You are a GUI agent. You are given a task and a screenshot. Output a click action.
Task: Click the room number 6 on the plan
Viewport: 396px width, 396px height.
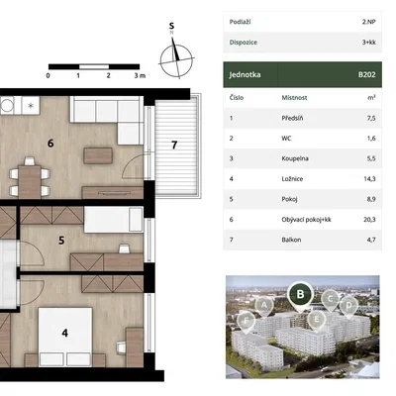(50, 144)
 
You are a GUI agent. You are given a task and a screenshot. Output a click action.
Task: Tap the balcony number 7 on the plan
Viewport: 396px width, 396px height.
(174, 145)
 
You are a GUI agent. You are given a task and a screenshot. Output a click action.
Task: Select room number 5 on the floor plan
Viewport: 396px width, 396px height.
(61, 241)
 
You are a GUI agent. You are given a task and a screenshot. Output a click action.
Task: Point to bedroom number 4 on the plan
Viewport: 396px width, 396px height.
(65, 333)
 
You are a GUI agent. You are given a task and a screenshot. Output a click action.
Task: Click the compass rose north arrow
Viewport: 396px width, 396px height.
(176, 49)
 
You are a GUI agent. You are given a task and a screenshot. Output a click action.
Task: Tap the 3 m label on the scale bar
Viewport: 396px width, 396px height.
(140, 75)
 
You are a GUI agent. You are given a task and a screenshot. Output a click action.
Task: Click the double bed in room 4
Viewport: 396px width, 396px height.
(65, 337)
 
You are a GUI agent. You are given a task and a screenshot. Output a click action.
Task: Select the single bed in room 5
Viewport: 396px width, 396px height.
(114, 220)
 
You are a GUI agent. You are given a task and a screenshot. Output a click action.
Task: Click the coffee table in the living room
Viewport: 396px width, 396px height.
(98, 155)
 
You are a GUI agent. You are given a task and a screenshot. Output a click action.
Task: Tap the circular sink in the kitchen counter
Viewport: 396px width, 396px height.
(7, 106)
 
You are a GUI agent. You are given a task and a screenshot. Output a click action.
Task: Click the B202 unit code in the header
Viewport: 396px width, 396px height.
(367, 74)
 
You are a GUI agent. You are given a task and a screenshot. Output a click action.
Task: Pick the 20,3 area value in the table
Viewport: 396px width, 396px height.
(369, 220)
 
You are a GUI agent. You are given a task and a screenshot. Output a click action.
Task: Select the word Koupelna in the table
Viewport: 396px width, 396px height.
(295, 158)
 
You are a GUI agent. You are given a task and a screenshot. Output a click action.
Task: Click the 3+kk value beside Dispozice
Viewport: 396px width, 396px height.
(368, 43)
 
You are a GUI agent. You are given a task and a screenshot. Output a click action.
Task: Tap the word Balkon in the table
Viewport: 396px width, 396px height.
(291, 240)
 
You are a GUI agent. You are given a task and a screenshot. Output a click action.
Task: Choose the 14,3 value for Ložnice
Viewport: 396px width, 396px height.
(369, 179)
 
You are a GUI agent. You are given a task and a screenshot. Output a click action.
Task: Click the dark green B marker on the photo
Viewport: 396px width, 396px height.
(300, 294)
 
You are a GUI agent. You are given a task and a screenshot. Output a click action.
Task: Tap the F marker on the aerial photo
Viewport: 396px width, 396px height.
(247, 321)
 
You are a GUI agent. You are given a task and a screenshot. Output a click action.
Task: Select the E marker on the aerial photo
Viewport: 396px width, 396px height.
(317, 320)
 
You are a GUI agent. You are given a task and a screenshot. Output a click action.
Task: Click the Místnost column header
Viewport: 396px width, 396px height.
(294, 98)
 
